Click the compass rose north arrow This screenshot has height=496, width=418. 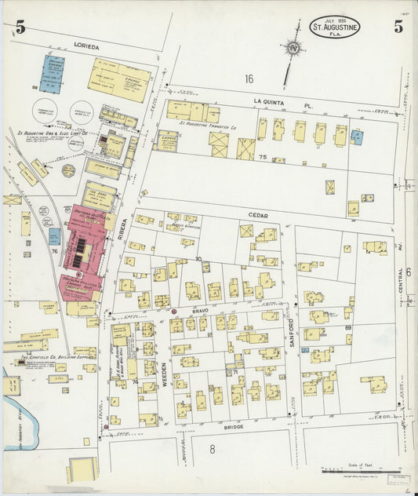pyautogui.click(x=293, y=48)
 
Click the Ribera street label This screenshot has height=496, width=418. pyautogui.click(x=120, y=227)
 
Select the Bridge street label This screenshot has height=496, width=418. pyautogui.click(x=233, y=426)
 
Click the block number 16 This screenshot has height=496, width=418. pyautogui.click(x=249, y=78)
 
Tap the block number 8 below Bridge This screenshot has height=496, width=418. pyautogui.click(x=212, y=449)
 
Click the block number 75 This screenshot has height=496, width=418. pyautogui.click(x=263, y=158)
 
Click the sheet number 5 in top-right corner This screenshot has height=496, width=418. pyautogui.click(x=398, y=27)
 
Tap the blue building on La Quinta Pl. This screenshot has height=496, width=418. pyautogui.click(x=357, y=137)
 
